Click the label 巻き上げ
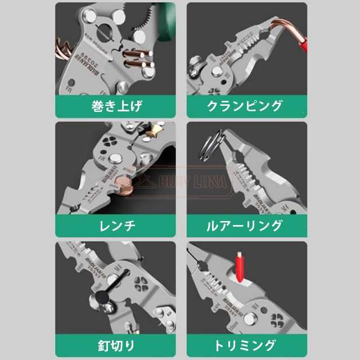coord(115,106)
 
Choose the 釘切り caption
coord(115,344)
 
